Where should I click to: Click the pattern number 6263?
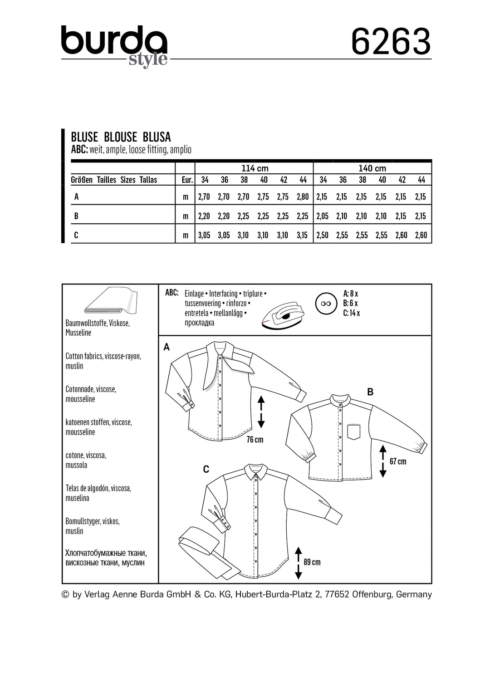[x=391, y=41]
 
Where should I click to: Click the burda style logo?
[x=114, y=45]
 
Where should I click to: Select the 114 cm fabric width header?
[x=255, y=168]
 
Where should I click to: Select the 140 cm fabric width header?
[x=372, y=168]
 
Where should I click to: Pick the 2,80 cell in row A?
[x=302, y=197]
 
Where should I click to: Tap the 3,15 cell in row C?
[x=302, y=235]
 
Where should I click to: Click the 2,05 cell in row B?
[x=322, y=216]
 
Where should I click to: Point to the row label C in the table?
[x=76, y=235]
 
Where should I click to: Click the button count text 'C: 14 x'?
[x=352, y=313]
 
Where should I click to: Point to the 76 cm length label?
[x=255, y=439]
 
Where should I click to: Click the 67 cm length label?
[x=398, y=461]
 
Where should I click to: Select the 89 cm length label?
[x=312, y=562]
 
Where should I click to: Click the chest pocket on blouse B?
[x=354, y=432]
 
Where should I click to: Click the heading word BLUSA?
[x=157, y=137]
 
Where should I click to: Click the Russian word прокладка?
[x=200, y=323]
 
